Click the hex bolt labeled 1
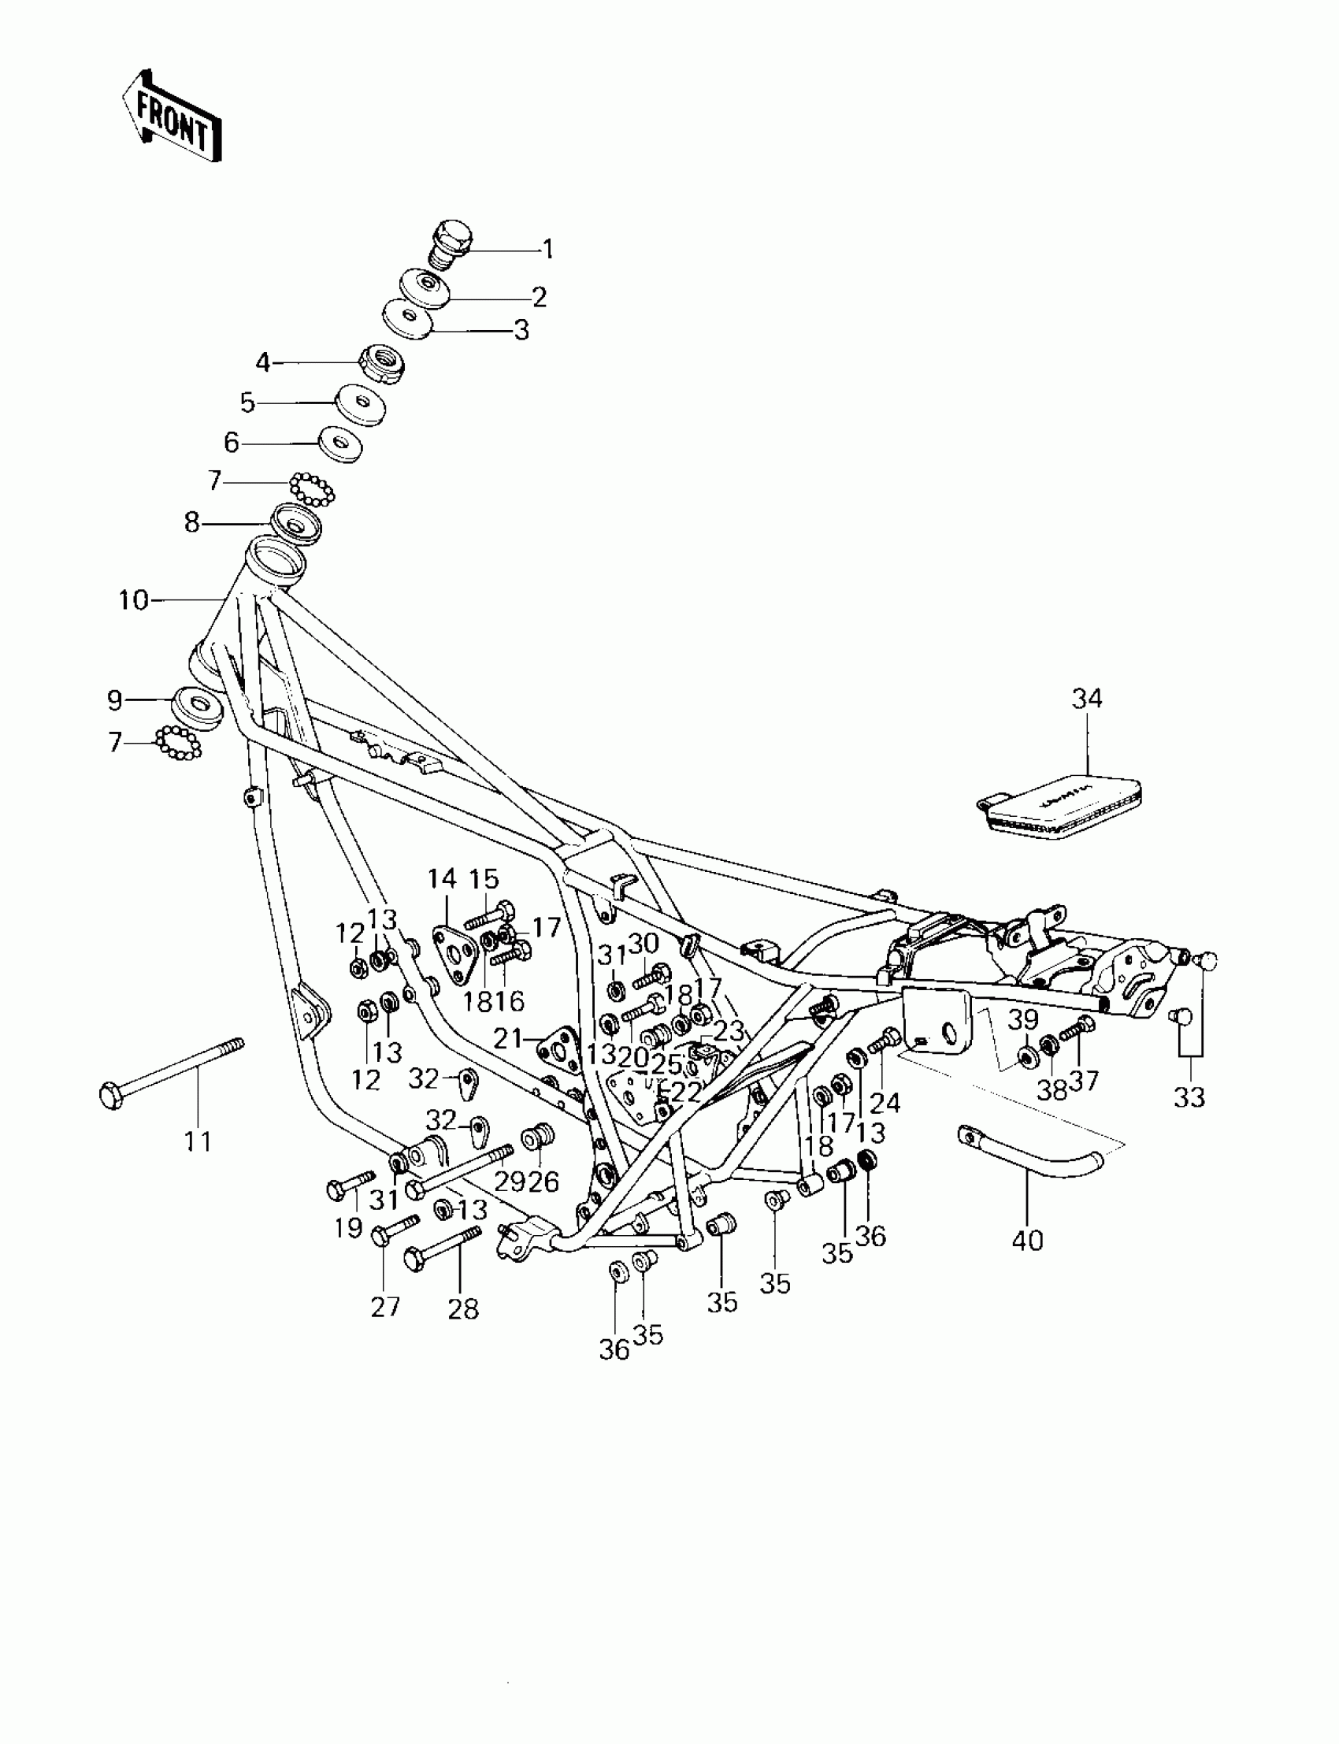coord(451,243)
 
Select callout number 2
coord(540,297)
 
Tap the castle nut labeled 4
coord(384,365)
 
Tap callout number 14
coord(442,879)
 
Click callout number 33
coord(1189,1097)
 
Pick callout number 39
coord(1023,1019)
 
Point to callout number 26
coord(543,1182)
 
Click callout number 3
coord(521,329)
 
